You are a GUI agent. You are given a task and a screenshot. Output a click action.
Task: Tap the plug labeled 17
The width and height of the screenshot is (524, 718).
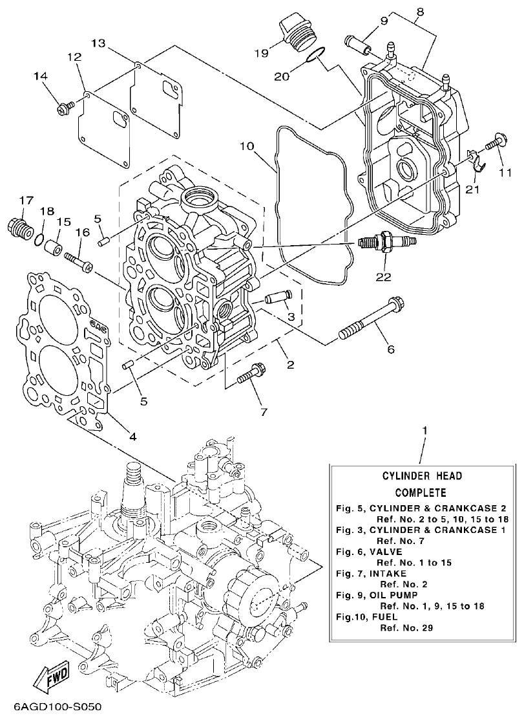19,228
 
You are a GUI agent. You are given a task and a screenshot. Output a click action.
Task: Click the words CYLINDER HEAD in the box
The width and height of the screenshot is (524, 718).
421,476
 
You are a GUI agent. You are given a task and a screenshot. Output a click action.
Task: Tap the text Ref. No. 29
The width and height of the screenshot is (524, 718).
406,627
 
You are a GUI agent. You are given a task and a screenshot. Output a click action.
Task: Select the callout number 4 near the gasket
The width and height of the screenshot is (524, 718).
132,436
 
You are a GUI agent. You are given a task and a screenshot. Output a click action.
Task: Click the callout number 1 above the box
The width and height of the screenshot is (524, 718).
424,430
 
